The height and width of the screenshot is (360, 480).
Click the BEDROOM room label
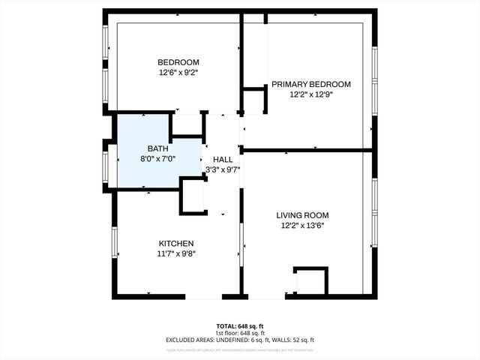pyautogui.click(x=178, y=62)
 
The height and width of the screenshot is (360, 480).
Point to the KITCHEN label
pyautogui.click(x=176, y=244)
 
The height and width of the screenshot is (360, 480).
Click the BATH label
pyautogui.click(x=157, y=148)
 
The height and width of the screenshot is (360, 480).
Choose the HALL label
pyautogui.click(x=223, y=160)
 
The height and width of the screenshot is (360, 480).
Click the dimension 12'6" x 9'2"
pyautogui.click(x=178, y=73)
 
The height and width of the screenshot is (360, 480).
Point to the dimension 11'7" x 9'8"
pyautogui.click(x=176, y=254)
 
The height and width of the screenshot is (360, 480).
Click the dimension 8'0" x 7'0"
pyautogui.click(x=157, y=159)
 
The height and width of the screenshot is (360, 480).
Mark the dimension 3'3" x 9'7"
pyautogui.click(x=223, y=169)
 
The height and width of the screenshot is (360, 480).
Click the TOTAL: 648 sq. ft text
pyautogui.click(x=240, y=325)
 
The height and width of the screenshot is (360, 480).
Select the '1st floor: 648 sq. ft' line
pyautogui.click(x=240, y=332)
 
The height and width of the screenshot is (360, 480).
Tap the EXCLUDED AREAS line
pyautogui.click(x=240, y=340)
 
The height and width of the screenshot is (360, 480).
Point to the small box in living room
pyautogui.click(x=310, y=281)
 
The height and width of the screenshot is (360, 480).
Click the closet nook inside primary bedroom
pyautogui.click(x=253, y=100)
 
